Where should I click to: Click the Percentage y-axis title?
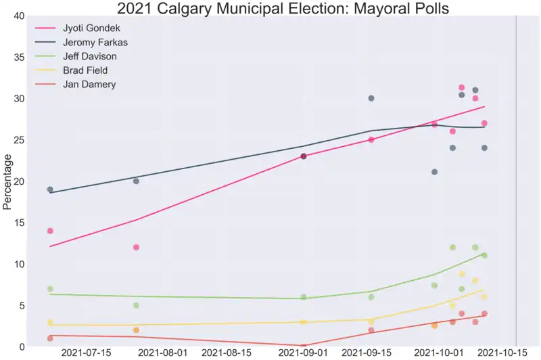(x=7, y=181)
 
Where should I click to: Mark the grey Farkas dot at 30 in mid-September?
(x=371, y=98)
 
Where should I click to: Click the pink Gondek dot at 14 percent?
(x=50, y=231)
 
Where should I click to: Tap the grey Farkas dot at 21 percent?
(x=434, y=172)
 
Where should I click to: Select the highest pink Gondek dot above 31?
(x=462, y=87)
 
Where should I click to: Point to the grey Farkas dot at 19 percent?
(x=50, y=189)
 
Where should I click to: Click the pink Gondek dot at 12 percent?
(x=136, y=248)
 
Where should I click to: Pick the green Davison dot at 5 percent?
(x=136, y=305)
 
